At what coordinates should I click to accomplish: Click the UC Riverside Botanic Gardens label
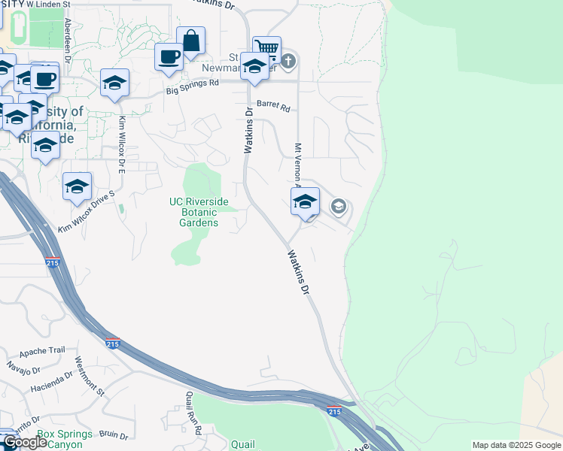click(x=199, y=212)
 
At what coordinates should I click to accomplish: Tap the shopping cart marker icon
click(x=266, y=48)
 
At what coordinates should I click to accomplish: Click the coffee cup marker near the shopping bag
click(x=169, y=56)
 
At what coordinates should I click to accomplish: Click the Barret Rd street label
click(x=272, y=107)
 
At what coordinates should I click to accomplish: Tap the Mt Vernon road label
click(x=298, y=165)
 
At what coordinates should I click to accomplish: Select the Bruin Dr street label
click(x=113, y=434)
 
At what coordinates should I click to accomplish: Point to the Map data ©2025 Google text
click(x=516, y=445)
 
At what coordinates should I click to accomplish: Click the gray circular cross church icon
click(x=288, y=59)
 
